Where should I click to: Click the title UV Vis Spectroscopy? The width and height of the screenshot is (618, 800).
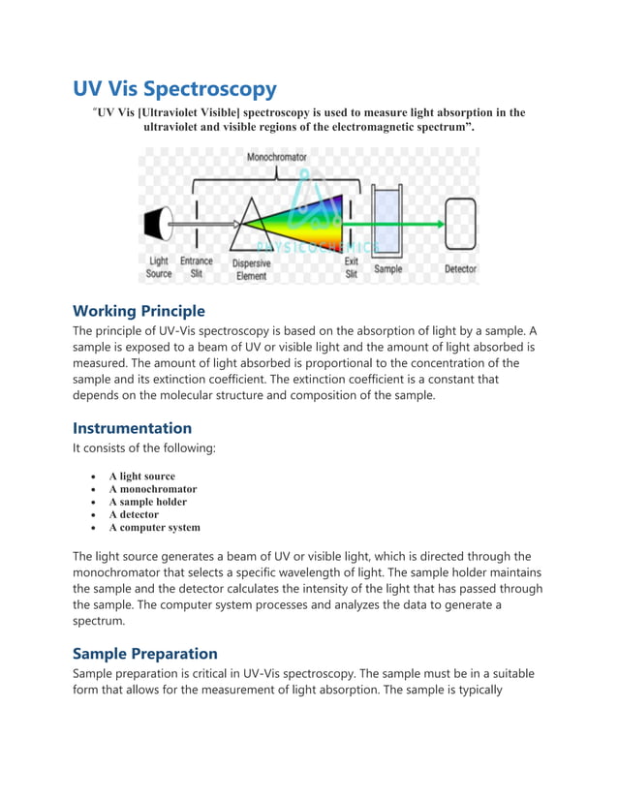click(174, 89)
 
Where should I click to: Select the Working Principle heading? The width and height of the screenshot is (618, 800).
click(139, 311)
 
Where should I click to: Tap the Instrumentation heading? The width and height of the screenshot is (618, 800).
click(132, 427)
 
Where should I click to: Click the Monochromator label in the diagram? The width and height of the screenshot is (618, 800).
click(277, 156)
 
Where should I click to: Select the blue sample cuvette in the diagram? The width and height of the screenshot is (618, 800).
click(388, 224)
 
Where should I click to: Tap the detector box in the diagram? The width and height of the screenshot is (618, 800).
click(460, 224)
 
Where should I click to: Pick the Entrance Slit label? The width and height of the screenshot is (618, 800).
click(197, 267)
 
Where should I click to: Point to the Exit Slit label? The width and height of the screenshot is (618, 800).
click(352, 267)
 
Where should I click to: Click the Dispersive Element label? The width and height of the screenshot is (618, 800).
click(252, 269)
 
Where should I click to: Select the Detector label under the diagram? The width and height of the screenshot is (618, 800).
click(460, 268)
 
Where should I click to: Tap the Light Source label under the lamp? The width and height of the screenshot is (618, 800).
click(159, 267)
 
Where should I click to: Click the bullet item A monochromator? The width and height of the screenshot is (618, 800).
click(152, 489)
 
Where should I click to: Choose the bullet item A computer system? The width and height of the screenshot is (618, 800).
click(154, 528)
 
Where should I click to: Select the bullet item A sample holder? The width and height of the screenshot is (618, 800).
click(147, 502)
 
